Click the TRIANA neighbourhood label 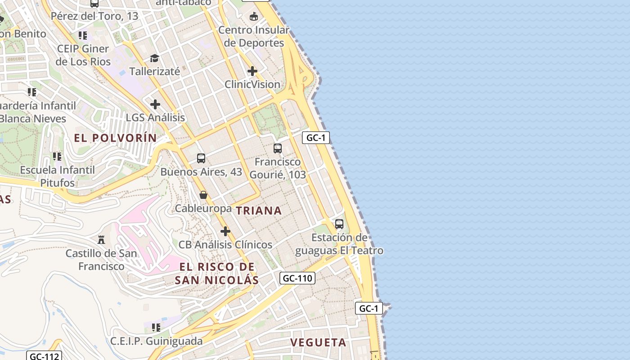259,211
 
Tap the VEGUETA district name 318,342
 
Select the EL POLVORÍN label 115,138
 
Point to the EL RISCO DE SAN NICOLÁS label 217,273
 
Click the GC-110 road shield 297,279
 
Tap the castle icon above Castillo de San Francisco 101,239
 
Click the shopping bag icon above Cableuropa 203,195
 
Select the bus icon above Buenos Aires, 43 201,158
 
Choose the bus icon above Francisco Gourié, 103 278,148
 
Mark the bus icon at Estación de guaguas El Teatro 339,224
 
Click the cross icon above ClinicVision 252,71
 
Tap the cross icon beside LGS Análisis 155,104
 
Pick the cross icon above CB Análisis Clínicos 225,231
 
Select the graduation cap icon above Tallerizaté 155,58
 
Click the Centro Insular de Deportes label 254,36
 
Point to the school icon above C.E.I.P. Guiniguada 156,327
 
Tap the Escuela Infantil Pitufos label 58,176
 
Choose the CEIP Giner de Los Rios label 83,55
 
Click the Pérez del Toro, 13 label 94,16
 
